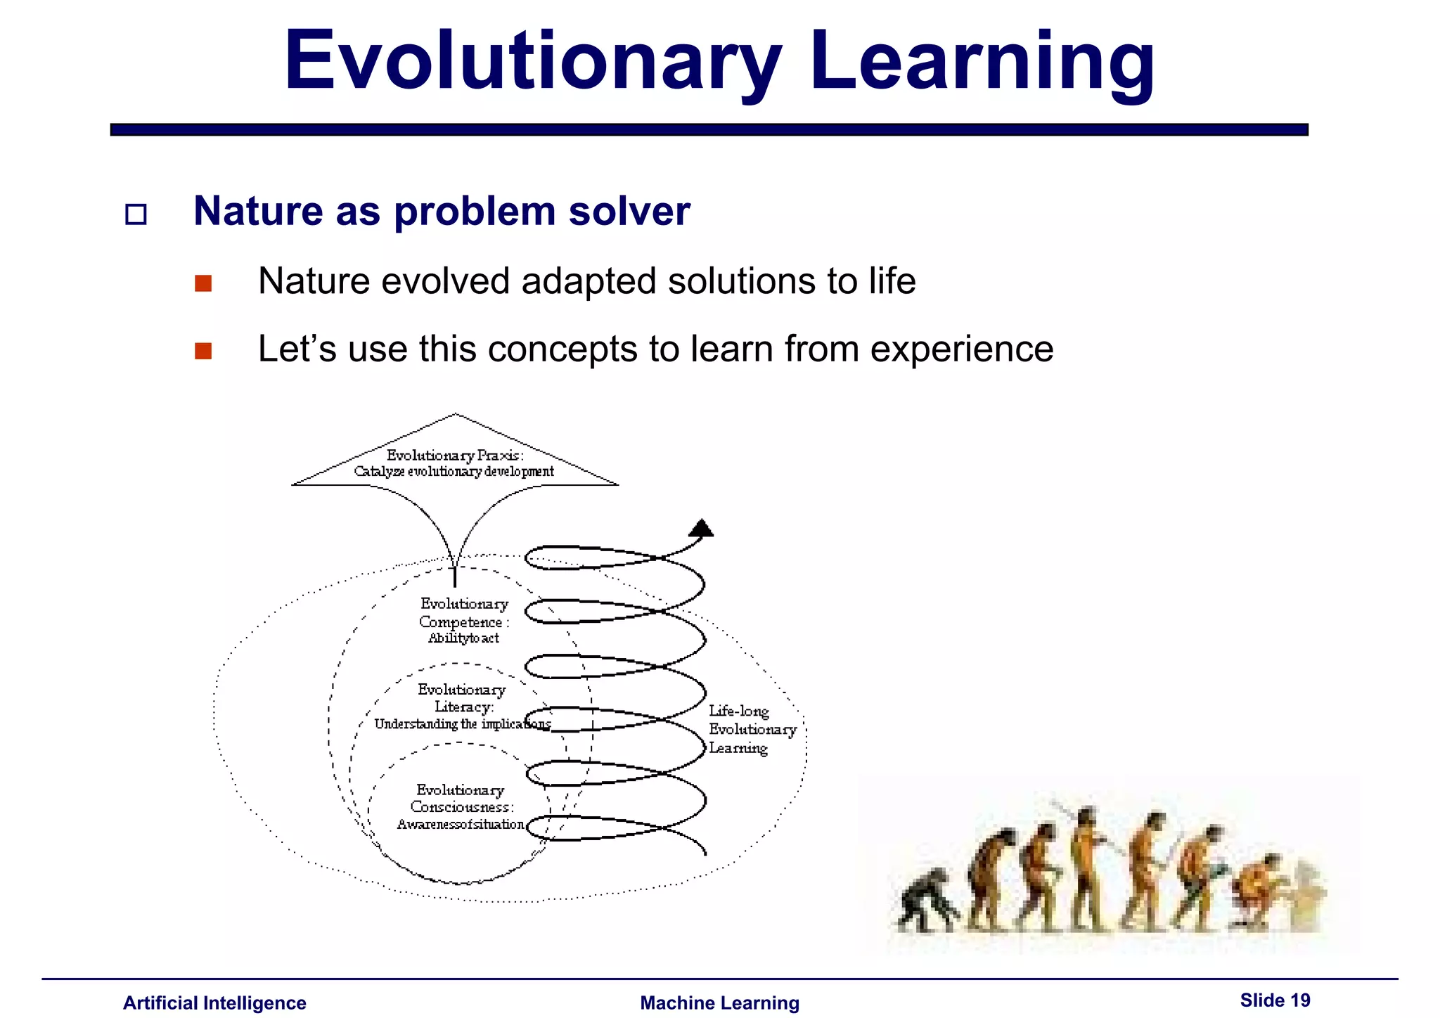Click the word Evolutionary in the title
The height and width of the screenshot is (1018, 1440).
(532, 62)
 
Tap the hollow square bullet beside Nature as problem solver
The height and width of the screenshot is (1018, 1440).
(136, 214)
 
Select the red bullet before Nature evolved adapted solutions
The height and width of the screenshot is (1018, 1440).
(203, 283)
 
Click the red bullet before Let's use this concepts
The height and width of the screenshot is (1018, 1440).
(203, 351)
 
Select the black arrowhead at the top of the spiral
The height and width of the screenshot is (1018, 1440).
(701, 528)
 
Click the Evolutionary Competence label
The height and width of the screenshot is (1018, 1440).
(463, 621)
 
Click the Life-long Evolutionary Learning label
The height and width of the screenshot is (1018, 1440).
(751, 730)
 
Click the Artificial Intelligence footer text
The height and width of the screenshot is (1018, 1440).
(214, 1003)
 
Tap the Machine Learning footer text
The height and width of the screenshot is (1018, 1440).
(719, 1003)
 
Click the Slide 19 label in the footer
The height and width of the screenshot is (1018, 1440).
(1275, 1000)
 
